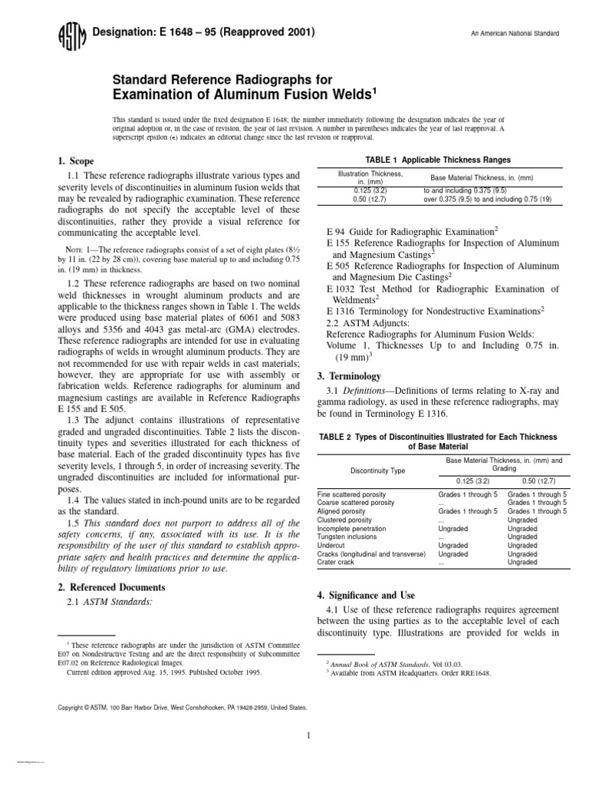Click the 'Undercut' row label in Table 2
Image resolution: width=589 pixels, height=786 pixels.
tap(332, 545)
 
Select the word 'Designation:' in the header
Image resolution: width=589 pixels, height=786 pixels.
tap(118, 32)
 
